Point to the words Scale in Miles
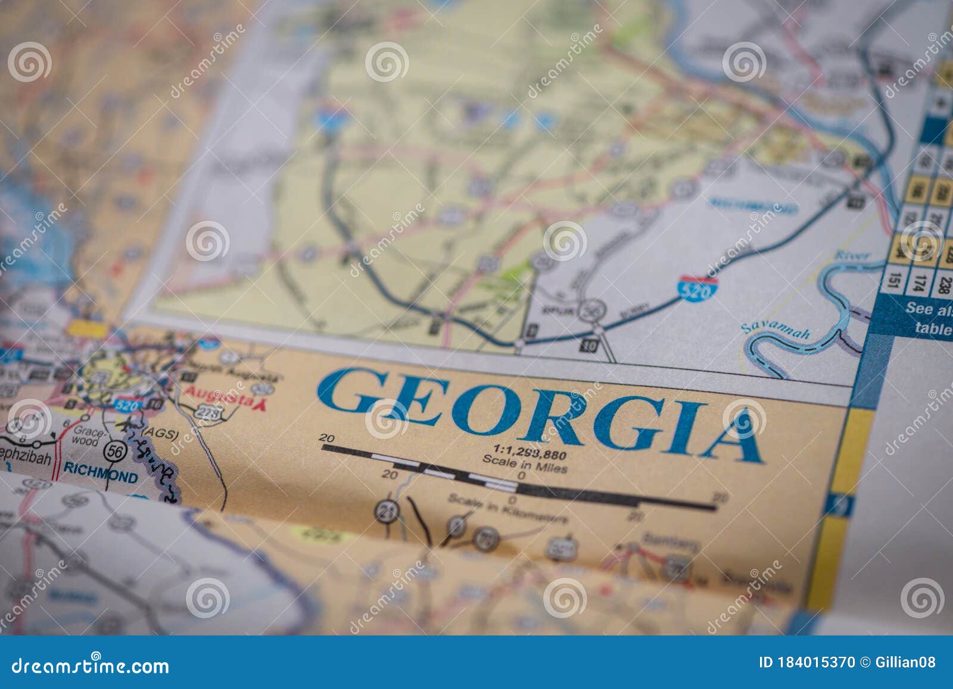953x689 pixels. click(x=524, y=464)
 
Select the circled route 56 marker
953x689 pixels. click(x=115, y=452)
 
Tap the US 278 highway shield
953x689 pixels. click(x=205, y=411)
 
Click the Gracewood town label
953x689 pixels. click(x=85, y=436)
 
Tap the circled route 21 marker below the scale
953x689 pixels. click(x=387, y=511)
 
